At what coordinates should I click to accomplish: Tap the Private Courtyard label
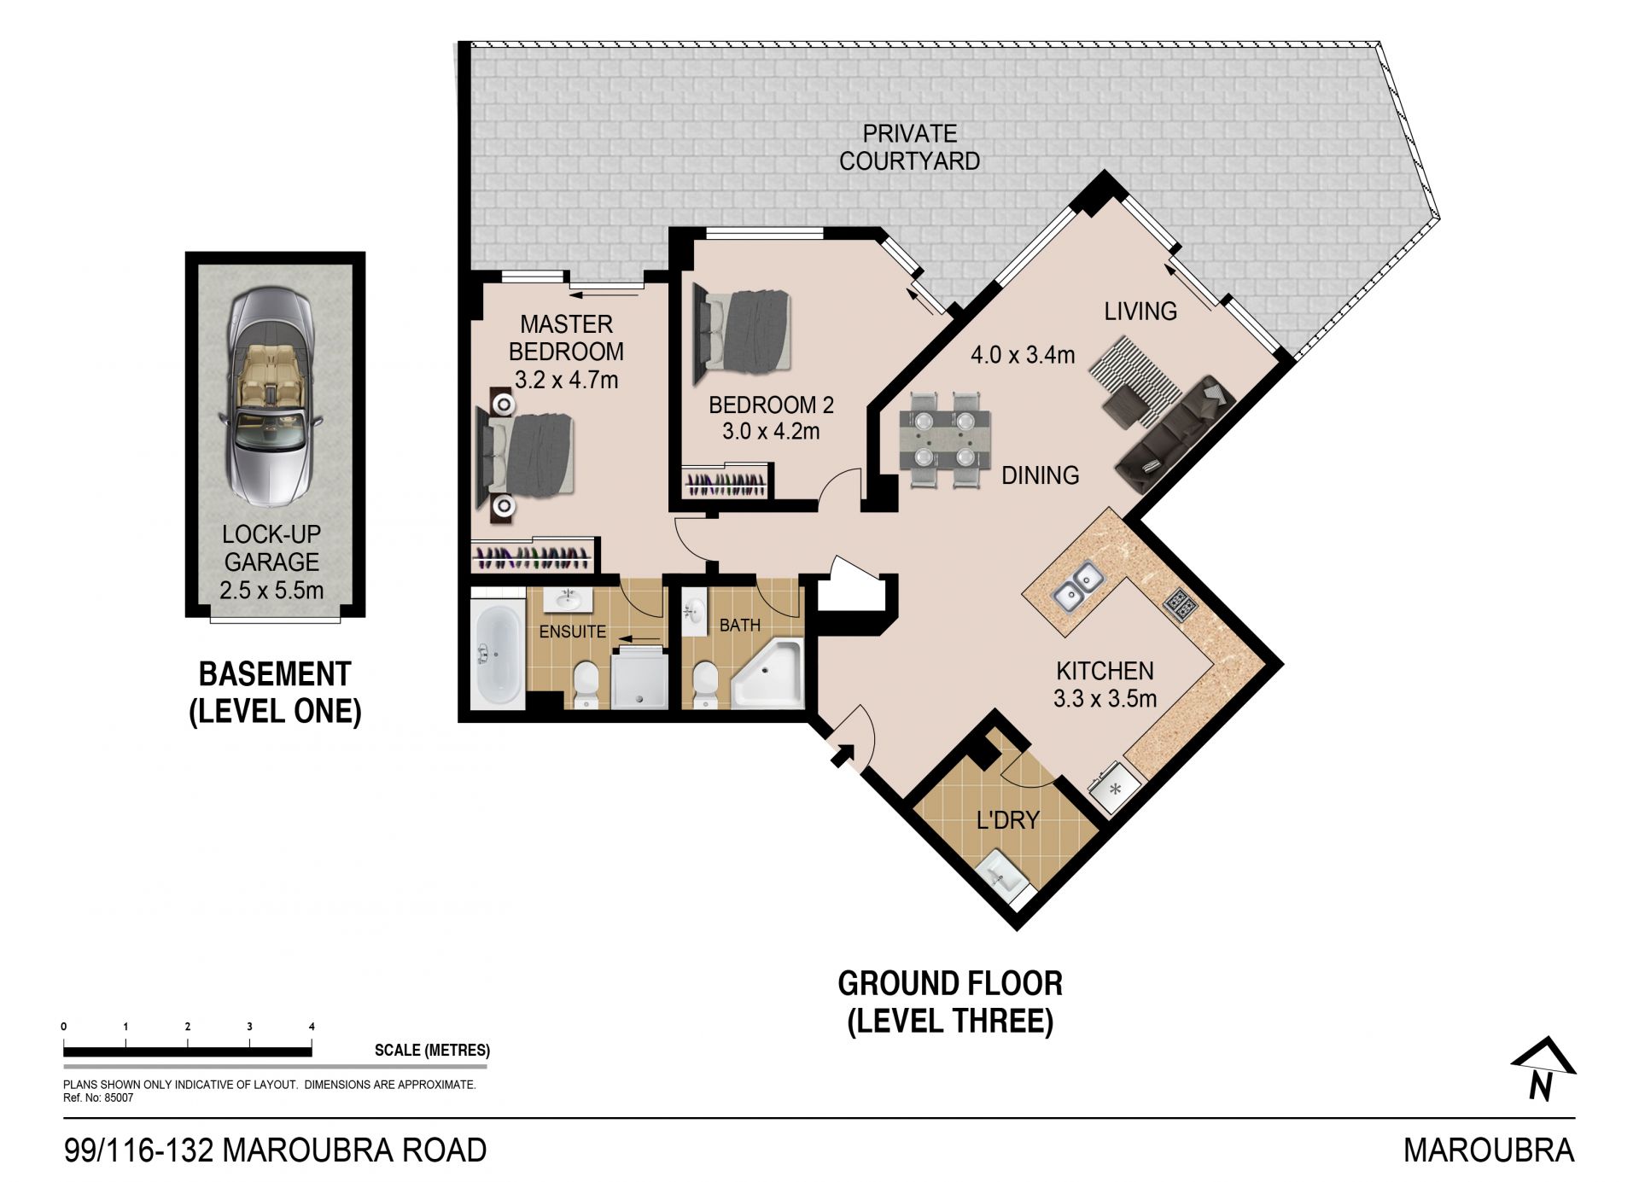click(909, 147)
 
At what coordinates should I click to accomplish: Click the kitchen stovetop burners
click(1180, 604)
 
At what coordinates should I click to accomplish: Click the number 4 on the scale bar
click(312, 1027)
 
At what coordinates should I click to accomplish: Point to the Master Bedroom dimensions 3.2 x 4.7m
click(566, 380)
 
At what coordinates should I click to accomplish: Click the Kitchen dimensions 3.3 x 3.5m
click(1105, 699)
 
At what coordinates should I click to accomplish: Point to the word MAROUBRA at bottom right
click(1490, 1150)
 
